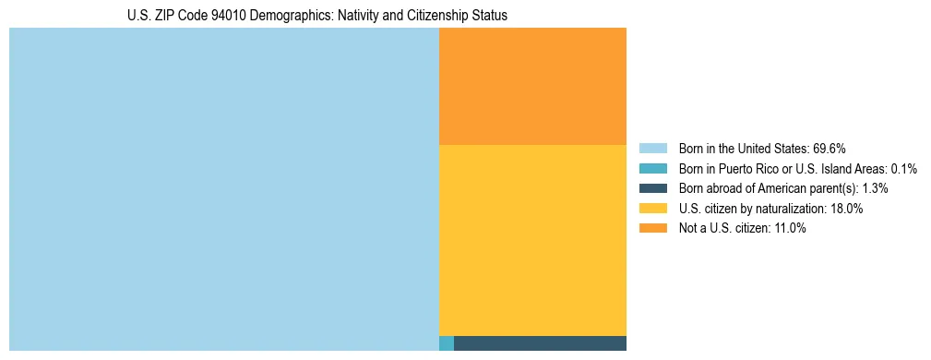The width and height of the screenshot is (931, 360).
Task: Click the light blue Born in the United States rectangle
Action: click(223, 189)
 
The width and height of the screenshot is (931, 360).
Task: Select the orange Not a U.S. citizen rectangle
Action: click(532, 86)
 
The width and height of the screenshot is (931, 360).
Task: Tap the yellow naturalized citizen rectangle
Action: click(532, 240)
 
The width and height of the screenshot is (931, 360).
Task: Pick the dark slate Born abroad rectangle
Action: click(540, 343)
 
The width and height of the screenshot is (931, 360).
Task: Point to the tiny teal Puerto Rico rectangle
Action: click(447, 343)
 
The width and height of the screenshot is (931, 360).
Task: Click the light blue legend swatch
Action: click(652, 148)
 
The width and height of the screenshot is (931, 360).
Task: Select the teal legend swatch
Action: click(652, 168)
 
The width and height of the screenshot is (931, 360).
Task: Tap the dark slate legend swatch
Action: click(652, 188)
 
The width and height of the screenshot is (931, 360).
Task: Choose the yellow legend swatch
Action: click(652, 209)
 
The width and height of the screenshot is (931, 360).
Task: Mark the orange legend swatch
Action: click(652, 229)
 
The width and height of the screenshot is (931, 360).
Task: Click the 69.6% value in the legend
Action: click(830, 148)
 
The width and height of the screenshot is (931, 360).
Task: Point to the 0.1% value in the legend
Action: click(904, 168)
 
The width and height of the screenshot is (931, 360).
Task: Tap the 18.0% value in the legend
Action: click(846, 209)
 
